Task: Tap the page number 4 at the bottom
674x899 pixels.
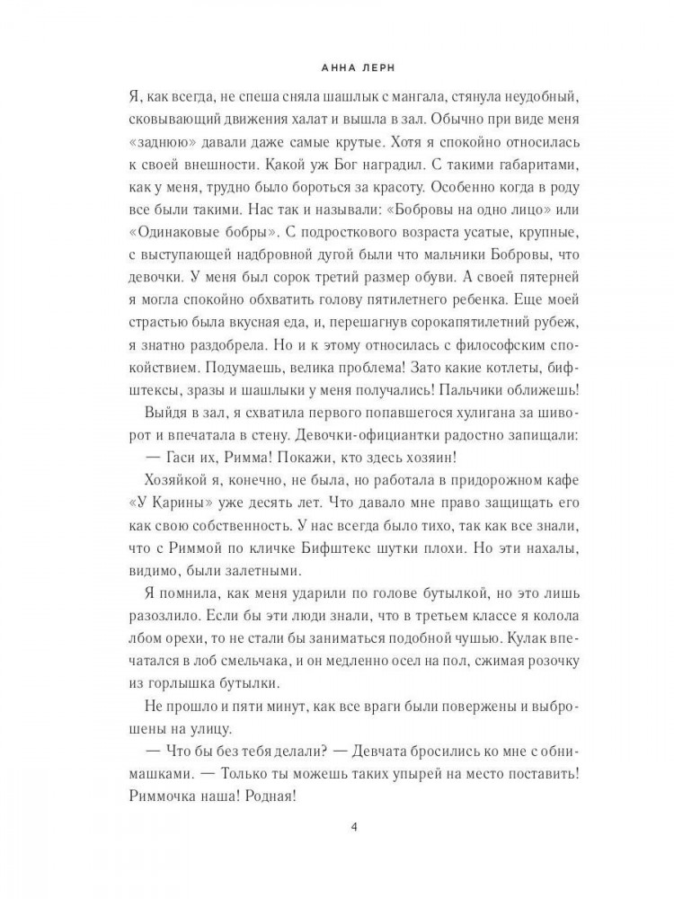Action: click(337, 828)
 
